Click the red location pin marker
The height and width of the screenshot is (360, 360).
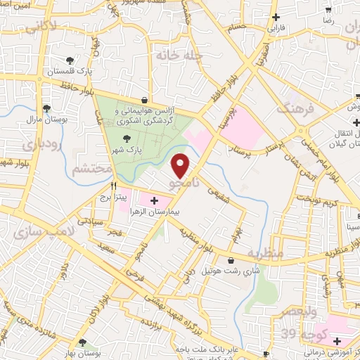click(181, 165)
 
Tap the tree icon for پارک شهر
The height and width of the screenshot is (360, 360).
click(127, 139)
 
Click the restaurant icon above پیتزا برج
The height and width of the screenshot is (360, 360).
click(112, 185)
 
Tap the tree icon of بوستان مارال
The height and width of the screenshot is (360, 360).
click(46, 108)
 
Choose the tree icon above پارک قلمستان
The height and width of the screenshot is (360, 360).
click(69, 61)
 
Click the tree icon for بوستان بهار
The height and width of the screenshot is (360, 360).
click(83, 342)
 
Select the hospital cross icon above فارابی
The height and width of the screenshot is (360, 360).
click(276, 17)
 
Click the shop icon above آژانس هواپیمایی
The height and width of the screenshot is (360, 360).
click(144, 100)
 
